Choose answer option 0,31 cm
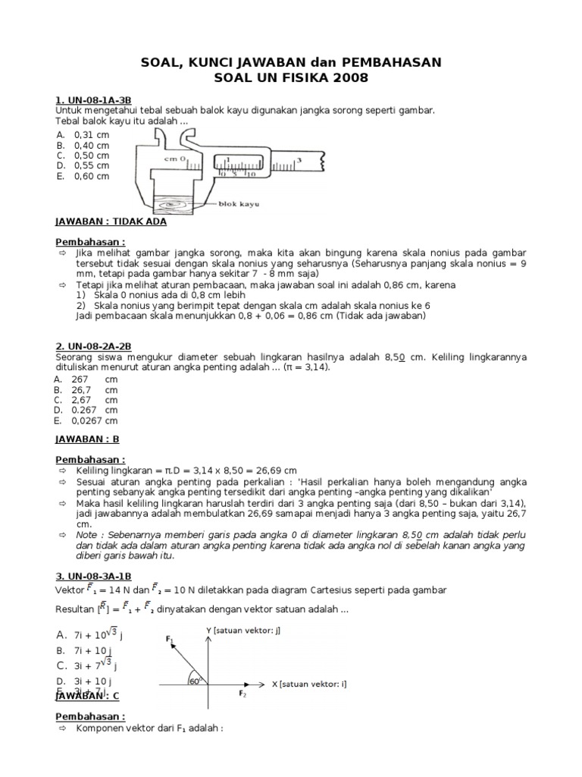(91, 134)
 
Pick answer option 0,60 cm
(91, 176)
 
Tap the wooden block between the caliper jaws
(174, 203)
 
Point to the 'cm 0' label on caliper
(174, 159)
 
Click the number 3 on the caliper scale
(299, 159)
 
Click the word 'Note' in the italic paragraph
(87, 534)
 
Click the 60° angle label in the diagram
(194, 680)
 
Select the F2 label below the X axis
(242, 694)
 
